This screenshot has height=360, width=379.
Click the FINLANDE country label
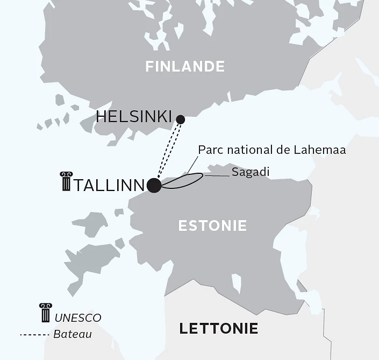[185, 66]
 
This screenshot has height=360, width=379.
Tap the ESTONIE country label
[212, 225]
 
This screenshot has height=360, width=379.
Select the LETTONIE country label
[218, 328]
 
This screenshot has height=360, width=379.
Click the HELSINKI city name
[134, 117]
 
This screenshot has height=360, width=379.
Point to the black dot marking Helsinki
[181, 119]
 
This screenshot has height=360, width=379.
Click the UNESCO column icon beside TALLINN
[66, 182]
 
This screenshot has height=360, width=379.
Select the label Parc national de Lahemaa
[271, 150]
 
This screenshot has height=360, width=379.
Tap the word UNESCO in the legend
[77, 318]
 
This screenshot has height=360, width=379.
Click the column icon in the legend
[45, 313]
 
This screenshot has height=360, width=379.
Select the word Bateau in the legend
[73, 334]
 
